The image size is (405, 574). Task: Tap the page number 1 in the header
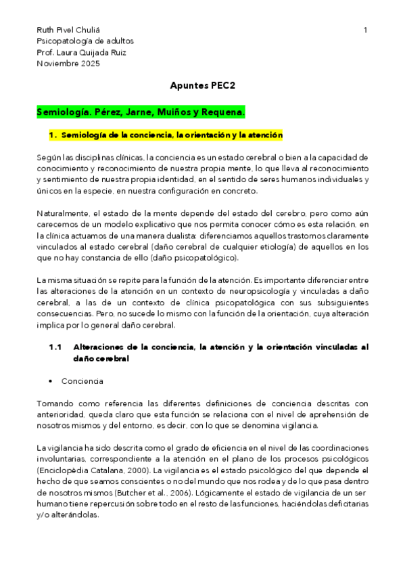pos(365,30)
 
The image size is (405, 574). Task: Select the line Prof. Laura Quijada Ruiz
pos(81,52)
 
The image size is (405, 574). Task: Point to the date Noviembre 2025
pos(68,64)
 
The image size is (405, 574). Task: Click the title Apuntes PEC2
pos(202,87)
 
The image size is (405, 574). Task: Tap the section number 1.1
pos(55,347)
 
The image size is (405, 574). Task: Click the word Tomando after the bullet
pos(55,403)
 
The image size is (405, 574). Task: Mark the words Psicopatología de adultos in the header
pos(85,41)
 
